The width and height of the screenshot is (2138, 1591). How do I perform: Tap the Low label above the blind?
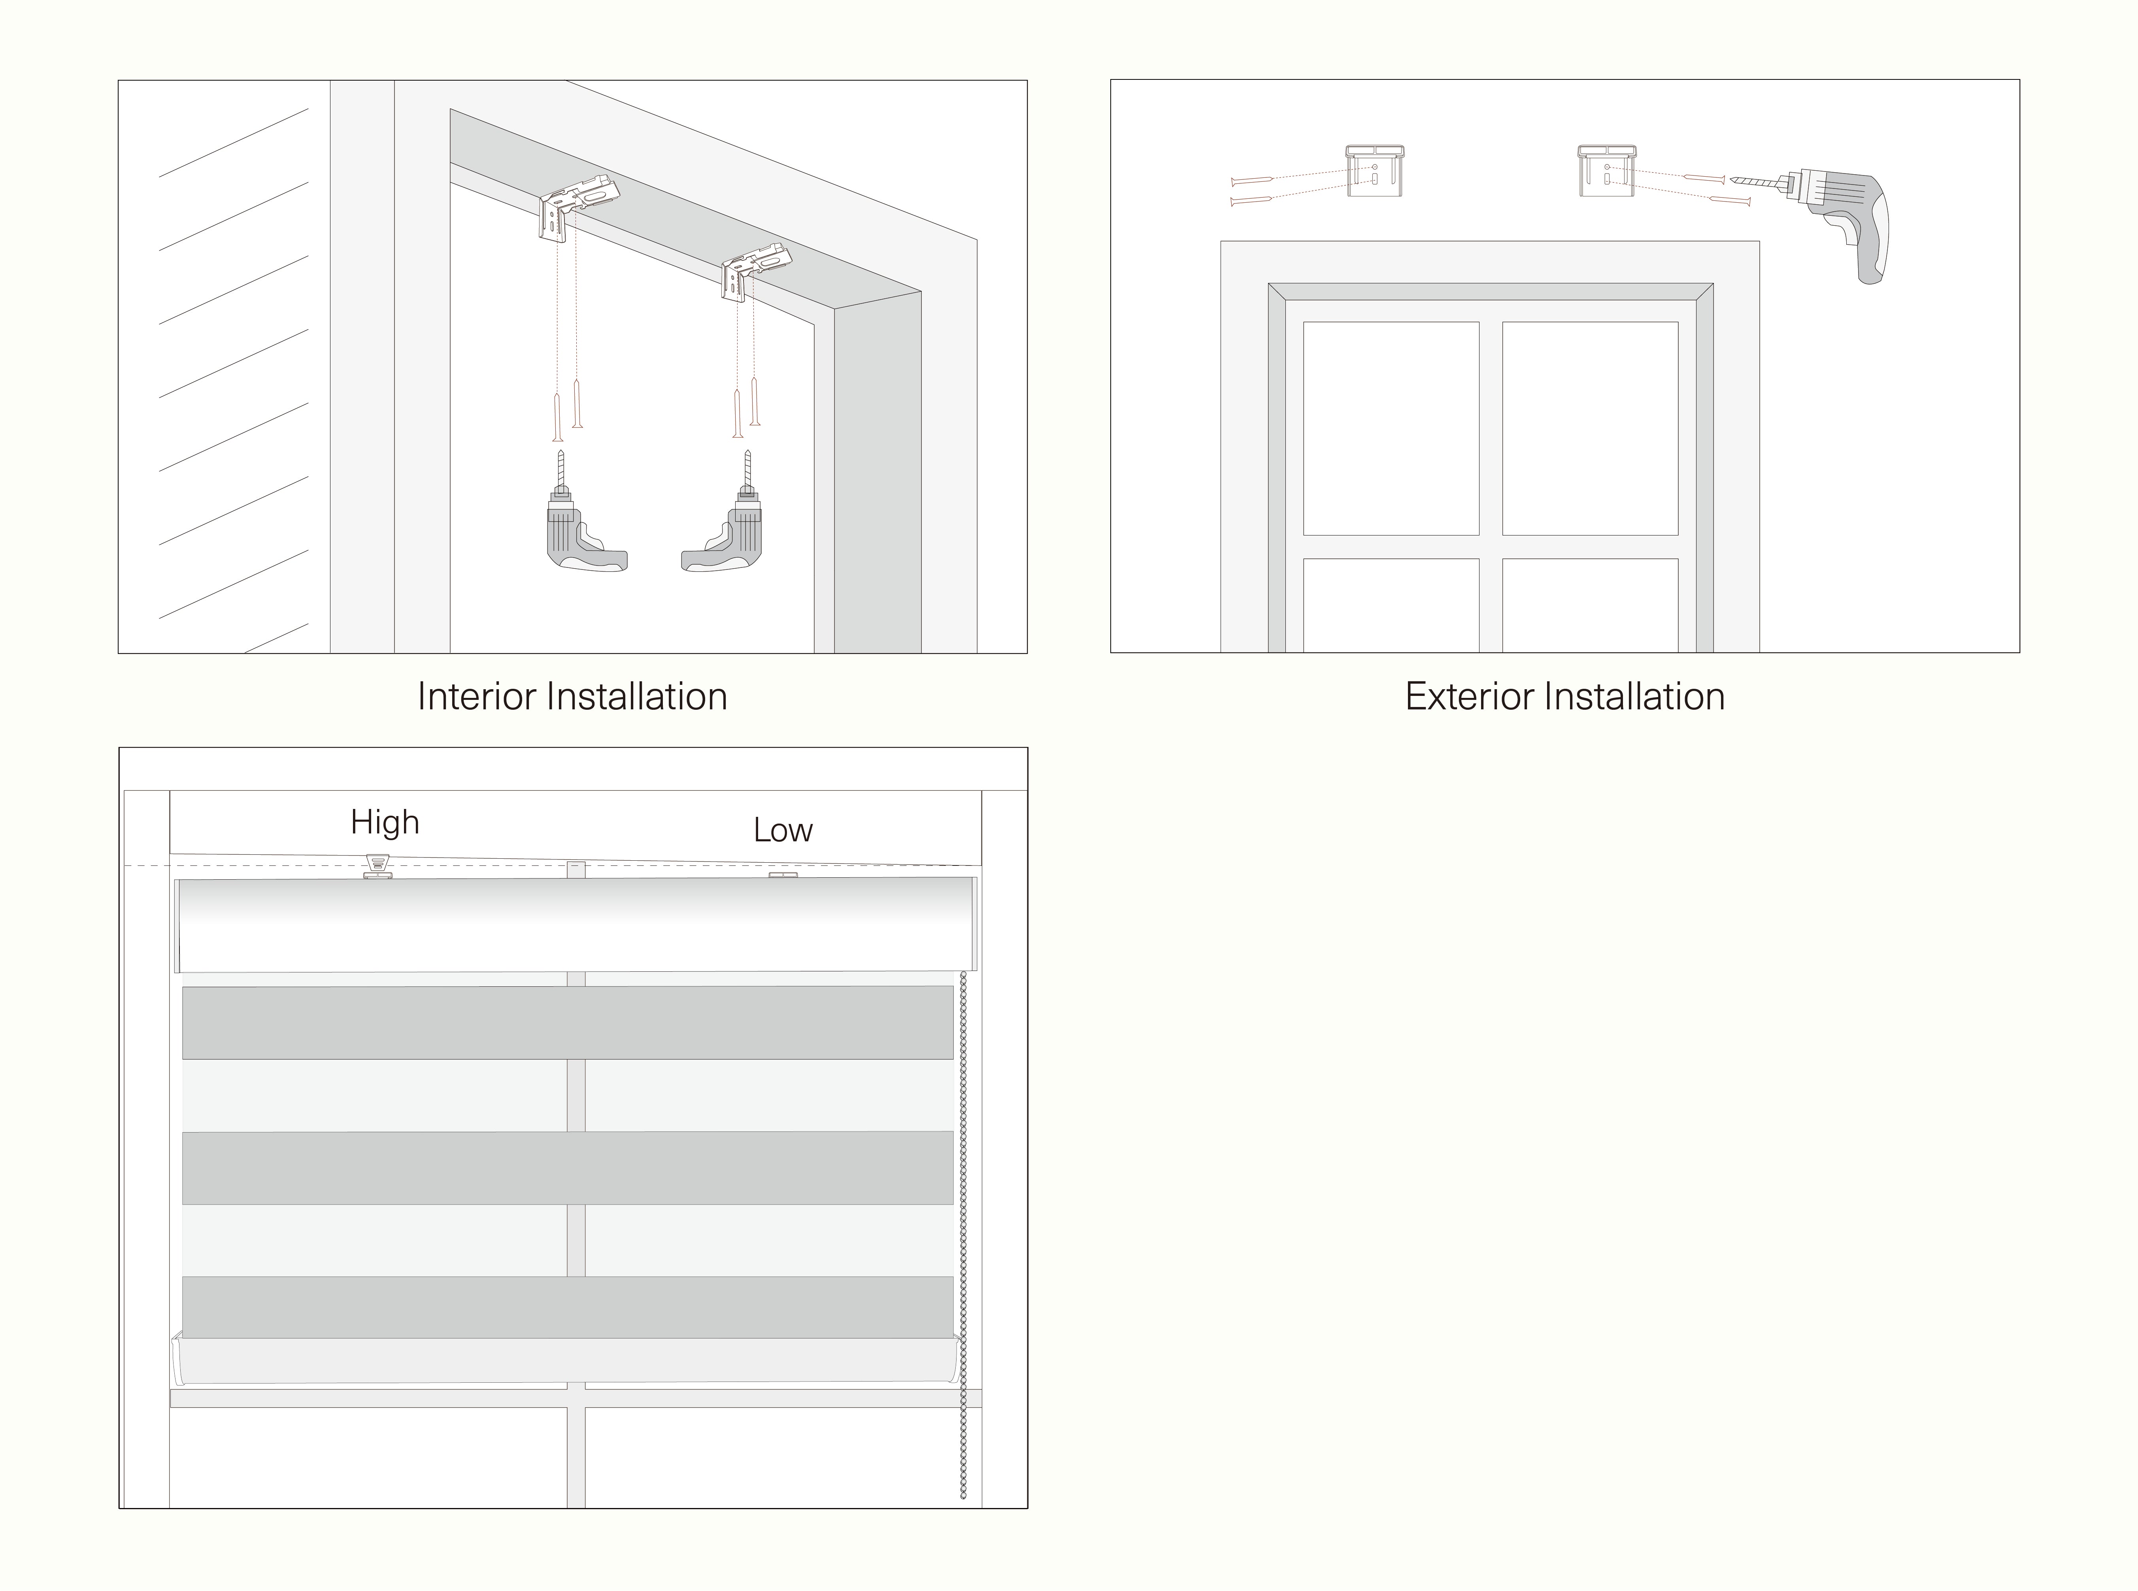[783, 830]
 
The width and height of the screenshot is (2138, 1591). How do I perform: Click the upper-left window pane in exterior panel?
[1391, 428]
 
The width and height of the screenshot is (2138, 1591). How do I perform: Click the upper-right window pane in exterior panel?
[1590, 428]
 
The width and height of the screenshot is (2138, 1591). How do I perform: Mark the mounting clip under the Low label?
[783, 875]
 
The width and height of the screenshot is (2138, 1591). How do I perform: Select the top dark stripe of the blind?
[568, 1023]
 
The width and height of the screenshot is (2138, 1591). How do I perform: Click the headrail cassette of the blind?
[576, 925]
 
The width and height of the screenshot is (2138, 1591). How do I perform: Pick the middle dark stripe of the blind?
[568, 1167]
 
